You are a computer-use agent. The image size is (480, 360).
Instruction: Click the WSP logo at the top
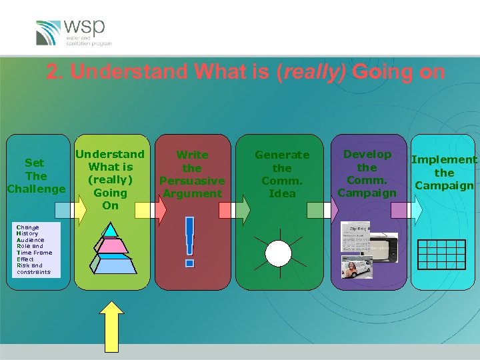[x=73, y=32]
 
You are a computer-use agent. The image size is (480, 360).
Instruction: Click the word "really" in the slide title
[x=310, y=72]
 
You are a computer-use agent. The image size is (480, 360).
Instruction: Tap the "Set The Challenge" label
[x=36, y=176]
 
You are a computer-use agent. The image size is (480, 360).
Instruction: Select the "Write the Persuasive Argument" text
[x=192, y=174]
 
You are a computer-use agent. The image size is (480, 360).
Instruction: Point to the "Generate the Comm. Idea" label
[x=282, y=174]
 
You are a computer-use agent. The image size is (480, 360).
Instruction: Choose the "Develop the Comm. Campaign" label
[x=367, y=173]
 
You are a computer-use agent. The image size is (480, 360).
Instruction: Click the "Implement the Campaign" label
[x=444, y=172]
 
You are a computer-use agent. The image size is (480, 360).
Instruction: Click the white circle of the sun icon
[x=279, y=253]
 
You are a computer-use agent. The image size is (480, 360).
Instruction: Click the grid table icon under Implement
[x=441, y=254]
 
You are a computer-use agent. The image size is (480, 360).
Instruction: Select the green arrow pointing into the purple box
[x=316, y=210]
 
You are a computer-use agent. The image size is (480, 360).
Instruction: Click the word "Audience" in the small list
[x=31, y=240]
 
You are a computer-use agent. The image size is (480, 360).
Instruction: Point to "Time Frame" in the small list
[x=34, y=253]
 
